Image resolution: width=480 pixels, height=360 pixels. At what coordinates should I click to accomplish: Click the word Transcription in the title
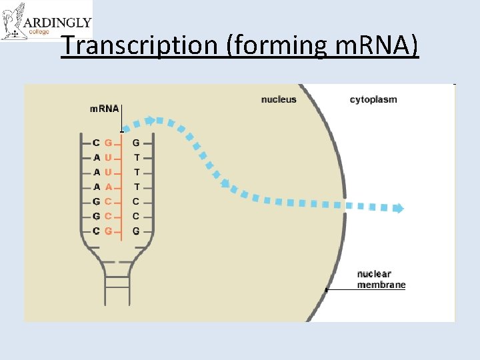coord(138,45)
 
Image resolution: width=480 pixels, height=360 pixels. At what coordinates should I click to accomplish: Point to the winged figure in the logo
coord(13,21)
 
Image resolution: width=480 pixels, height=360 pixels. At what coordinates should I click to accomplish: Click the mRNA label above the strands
coord(105,109)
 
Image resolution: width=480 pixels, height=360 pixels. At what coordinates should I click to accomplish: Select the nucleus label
coord(279,100)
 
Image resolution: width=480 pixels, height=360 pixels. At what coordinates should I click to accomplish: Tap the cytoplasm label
coord(373,100)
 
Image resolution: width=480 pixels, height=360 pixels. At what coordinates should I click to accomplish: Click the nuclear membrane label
coord(381,279)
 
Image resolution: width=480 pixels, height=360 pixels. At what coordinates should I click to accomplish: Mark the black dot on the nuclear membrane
coord(327,290)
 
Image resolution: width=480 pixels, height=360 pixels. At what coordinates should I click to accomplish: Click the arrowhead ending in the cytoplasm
coord(398,209)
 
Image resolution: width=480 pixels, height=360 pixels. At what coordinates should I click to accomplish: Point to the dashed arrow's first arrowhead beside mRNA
coord(151,121)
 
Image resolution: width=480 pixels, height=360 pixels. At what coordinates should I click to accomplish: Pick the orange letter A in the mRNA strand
coord(109,187)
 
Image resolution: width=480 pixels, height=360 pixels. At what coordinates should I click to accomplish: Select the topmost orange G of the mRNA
coord(109,142)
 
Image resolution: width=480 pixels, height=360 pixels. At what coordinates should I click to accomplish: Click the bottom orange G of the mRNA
coord(109,231)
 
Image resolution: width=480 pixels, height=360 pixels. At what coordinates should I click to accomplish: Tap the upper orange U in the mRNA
coord(109,157)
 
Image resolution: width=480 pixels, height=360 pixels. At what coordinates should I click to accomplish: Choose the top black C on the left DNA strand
coord(97,142)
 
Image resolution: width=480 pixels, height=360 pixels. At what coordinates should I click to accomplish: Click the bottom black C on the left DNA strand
coord(97,231)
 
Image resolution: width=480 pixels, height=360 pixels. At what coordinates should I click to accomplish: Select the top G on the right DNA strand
coord(136,142)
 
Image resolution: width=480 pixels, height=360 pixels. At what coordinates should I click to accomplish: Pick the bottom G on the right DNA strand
coord(136,231)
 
